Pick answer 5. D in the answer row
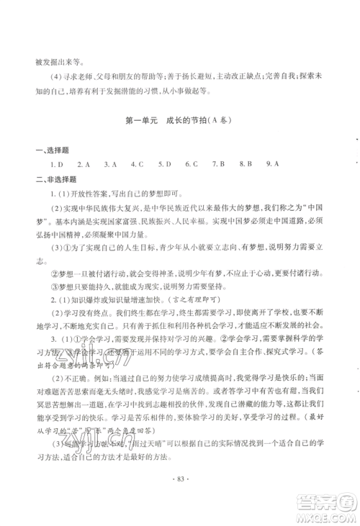point(166,164)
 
